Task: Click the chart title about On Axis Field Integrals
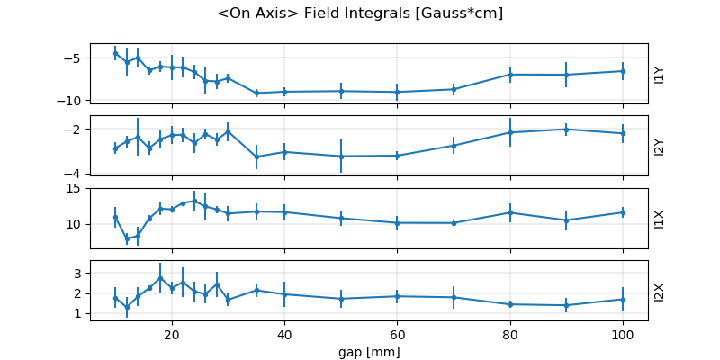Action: (x=360, y=13)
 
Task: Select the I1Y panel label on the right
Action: (x=660, y=75)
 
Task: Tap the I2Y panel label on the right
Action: (x=660, y=147)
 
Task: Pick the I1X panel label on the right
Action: (x=660, y=219)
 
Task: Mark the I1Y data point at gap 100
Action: (x=622, y=71)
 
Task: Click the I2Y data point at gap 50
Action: (x=341, y=157)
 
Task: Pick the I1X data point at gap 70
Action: (x=454, y=223)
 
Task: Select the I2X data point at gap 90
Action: (x=566, y=305)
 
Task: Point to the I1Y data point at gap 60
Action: (x=397, y=92)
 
